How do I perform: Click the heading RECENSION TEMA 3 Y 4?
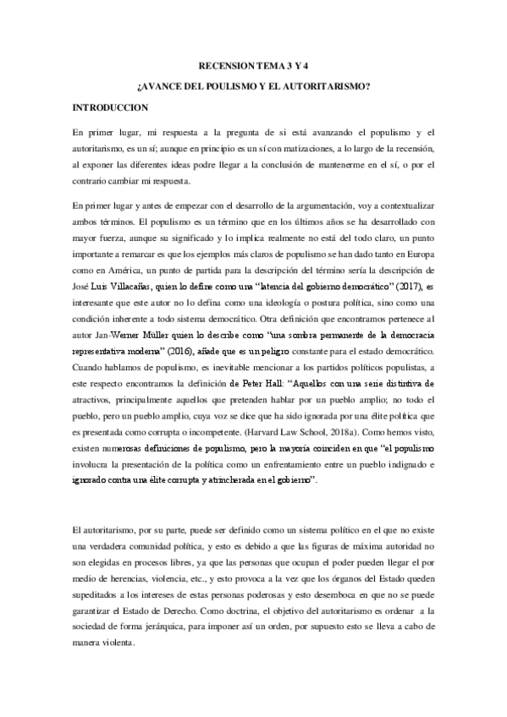pos(253,64)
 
